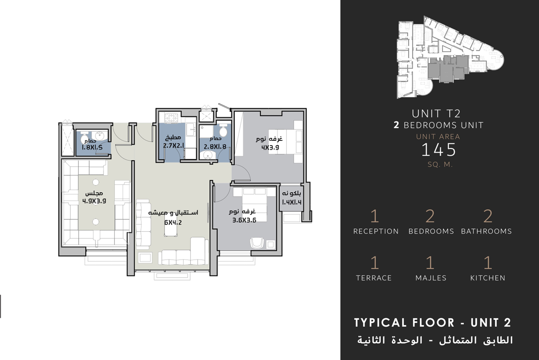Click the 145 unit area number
coord(439,150)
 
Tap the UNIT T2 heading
coord(436,114)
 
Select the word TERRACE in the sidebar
coord(374,278)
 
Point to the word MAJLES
coord(431,278)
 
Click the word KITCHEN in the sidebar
coord(488,278)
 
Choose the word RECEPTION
coord(376,231)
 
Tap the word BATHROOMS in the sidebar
coord(486,231)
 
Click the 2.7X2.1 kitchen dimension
coord(173,146)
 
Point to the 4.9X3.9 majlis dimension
coord(94,201)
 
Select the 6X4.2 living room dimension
coord(173,222)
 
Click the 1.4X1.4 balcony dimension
coord(292,202)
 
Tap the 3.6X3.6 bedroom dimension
coord(244,220)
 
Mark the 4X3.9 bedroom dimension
coord(270,148)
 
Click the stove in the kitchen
coord(171,118)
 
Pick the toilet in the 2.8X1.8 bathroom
coord(223,130)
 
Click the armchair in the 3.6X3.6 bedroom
coord(257,243)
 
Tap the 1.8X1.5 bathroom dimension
coord(92,148)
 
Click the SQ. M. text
coord(440,165)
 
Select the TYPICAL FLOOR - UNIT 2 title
coord(433,323)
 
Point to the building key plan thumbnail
coord(450,57)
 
